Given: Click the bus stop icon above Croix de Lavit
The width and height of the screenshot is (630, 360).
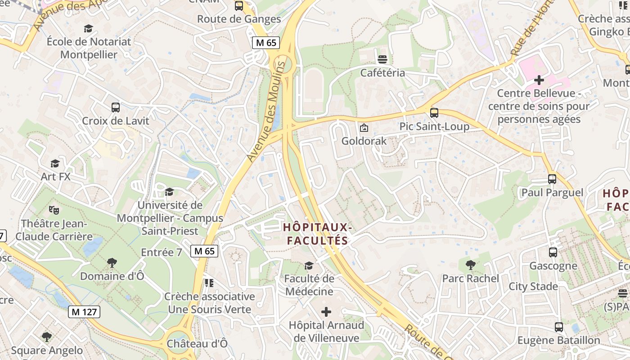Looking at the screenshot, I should pyautogui.click(x=116, y=108).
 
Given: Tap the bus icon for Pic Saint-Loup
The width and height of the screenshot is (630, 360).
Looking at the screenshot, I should pyautogui.click(x=434, y=113).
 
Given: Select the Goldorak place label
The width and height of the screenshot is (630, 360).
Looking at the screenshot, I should pyautogui.click(x=364, y=141).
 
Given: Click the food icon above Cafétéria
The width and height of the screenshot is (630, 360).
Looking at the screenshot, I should pyautogui.click(x=382, y=59).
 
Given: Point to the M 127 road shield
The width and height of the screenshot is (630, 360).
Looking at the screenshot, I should pyautogui.click(x=84, y=312).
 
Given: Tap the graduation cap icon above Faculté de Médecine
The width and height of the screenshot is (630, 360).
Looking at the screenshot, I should pyautogui.click(x=309, y=265).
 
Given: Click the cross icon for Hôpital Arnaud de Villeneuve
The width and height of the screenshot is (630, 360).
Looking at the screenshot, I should pyautogui.click(x=326, y=312).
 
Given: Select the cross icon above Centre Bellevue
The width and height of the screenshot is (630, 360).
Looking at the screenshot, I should pyautogui.click(x=539, y=81).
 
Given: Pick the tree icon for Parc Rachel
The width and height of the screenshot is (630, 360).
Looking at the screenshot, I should pyautogui.click(x=470, y=265).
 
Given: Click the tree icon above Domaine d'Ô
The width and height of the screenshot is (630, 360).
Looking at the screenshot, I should pyautogui.click(x=112, y=262).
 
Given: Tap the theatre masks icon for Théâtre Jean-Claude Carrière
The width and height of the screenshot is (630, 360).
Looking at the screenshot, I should pyautogui.click(x=54, y=210).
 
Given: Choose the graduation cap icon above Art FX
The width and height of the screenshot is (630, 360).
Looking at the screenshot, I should pyautogui.click(x=55, y=163).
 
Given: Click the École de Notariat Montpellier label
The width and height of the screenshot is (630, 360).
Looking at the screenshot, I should pyautogui.click(x=89, y=48).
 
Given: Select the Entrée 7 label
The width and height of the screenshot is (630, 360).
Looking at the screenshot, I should pyautogui.click(x=162, y=252).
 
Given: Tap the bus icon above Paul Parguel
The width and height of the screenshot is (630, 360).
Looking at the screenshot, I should pyautogui.click(x=552, y=179).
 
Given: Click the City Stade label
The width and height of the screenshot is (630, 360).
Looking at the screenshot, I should pyautogui.click(x=533, y=287).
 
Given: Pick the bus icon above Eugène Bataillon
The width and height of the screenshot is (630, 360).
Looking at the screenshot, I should pyautogui.click(x=559, y=327).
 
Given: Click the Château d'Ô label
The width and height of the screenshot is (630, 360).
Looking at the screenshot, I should pyautogui.click(x=197, y=343).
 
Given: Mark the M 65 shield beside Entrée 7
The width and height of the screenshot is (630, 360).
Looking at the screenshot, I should pyautogui.click(x=205, y=251).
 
